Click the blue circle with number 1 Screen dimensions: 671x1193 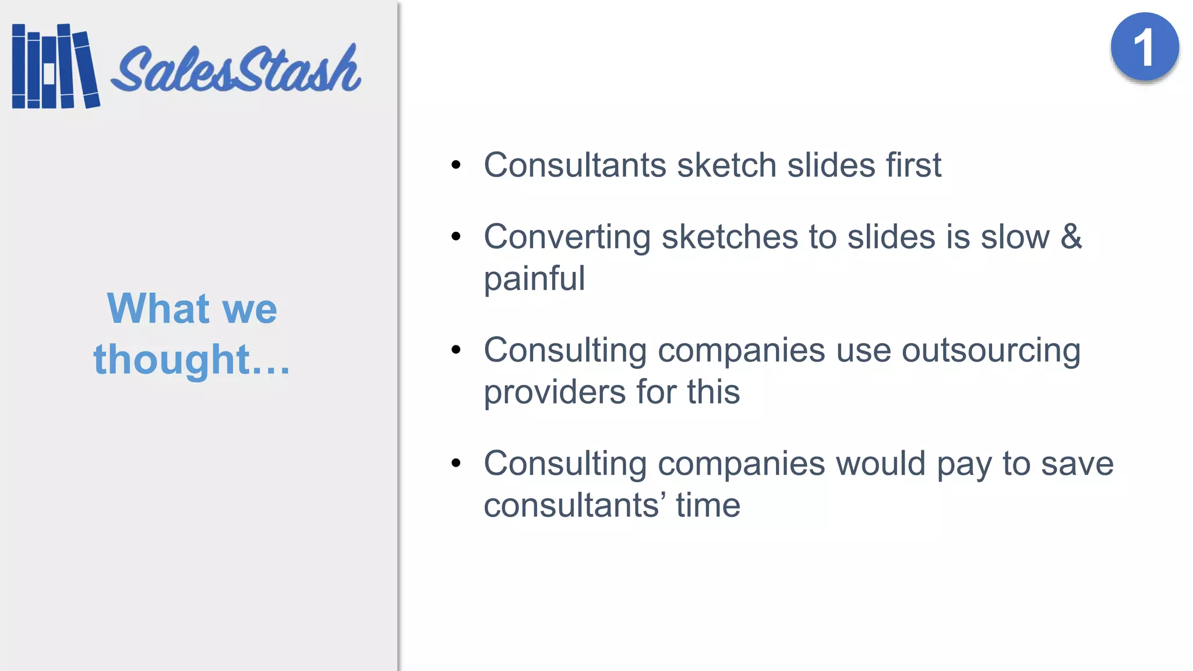[1144, 47]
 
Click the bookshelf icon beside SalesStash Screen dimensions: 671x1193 [55, 66]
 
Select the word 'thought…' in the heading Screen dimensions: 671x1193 [192, 359]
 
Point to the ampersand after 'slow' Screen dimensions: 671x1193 [1071, 236]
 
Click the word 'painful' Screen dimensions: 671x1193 [534, 278]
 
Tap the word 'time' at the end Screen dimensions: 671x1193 [708, 505]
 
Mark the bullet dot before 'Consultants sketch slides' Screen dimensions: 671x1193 [456, 165]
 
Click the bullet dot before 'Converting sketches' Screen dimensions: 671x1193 [456, 236]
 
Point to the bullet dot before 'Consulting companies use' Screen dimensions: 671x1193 [456, 350]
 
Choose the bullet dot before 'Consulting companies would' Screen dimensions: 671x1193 [456, 464]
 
